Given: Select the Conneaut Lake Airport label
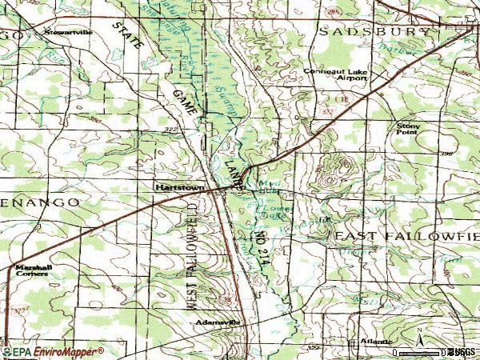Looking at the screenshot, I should click(x=335, y=74).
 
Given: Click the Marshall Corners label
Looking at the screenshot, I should click(x=30, y=270).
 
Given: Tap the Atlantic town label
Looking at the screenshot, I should click(x=375, y=342).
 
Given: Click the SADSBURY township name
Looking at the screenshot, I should click(x=376, y=32).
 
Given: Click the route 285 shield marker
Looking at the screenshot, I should click(x=332, y=14).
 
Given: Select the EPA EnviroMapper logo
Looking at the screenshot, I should click(x=53, y=351).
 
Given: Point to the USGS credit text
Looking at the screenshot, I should click(x=462, y=352).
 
